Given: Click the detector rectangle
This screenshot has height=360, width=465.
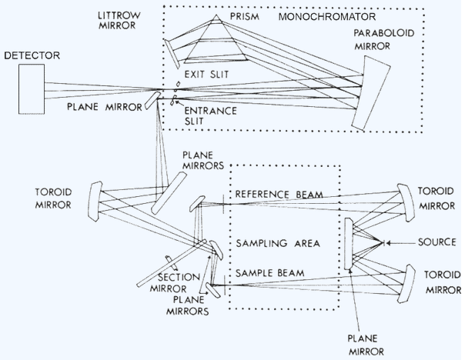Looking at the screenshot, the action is click(32, 89).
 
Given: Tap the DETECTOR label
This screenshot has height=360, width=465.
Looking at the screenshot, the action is click(32, 55).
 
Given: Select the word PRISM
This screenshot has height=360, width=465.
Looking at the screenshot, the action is click(245, 16).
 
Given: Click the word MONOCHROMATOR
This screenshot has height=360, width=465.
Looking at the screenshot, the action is click(327, 17).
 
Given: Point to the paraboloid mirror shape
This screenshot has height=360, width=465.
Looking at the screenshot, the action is click(372, 92).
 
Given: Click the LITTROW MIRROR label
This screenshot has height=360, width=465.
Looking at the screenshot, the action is click(119, 20).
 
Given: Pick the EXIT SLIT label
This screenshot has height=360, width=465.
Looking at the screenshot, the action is click(206, 74).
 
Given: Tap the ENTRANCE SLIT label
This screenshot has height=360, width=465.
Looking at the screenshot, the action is click(210, 116).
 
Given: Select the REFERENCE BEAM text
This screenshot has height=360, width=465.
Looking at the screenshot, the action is click(279, 195).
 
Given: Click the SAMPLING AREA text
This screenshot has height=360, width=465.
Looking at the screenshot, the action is click(278, 243).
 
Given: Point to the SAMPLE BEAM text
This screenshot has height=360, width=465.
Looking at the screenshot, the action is click(270, 272).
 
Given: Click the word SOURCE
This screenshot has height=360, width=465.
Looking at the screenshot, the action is click(437, 242).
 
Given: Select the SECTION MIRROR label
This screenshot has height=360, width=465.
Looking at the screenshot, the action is click(172, 282).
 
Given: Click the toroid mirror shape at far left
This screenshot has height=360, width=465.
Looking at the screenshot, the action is click(95, 202).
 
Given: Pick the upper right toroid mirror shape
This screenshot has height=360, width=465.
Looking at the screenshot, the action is click(405, 202).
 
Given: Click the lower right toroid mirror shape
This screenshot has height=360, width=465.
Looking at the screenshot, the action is click(406, 284).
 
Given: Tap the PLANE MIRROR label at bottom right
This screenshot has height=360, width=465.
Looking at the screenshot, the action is click(366, 345).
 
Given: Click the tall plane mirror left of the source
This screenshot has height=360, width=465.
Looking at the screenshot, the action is click(349, 244).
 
